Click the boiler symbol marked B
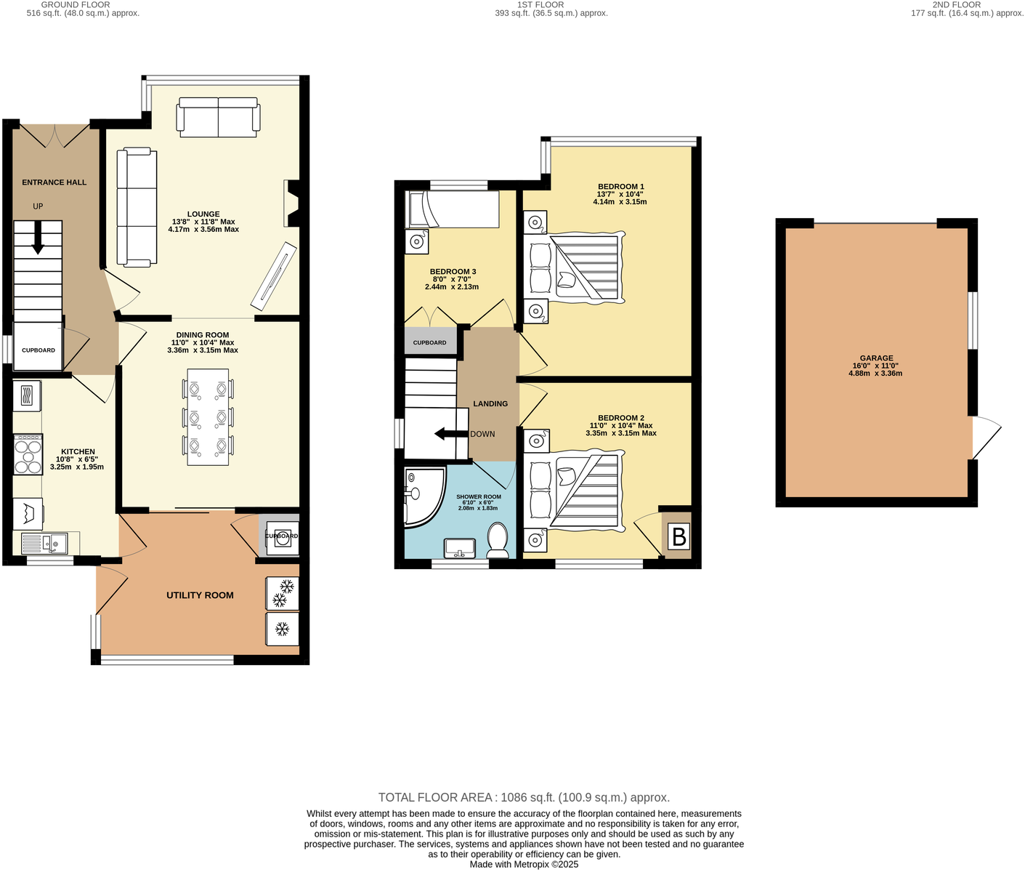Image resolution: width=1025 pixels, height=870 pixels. pyautogui.click(x=678, y=537)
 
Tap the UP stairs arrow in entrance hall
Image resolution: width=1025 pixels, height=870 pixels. pyautogui.click(x=38, y=238)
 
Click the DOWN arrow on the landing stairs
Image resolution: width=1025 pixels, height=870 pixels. pyautogui.click(x=450, y=434)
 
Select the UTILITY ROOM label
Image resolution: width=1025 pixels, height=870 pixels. pyautogui.click(x=200, y=595)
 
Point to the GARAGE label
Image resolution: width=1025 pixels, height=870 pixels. pyautogui.click(x=876, y=358)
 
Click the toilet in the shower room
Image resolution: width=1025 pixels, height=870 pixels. pyautogui.click(x=498, y=541)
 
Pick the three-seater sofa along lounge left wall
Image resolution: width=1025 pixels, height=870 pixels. pyautogui.click(x=137, y=206)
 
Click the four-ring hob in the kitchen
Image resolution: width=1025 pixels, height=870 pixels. pyautogui.click(x=28, y=454)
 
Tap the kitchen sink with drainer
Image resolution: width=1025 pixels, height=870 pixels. pyautogui.click(x=44, y=542)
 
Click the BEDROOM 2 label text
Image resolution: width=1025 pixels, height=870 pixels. pyautogui.click(x=620, y=418)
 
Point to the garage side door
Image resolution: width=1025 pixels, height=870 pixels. pyautogui.click(x=984, y=438)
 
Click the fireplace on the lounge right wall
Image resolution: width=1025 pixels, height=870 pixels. pyautogui.click(x=290, y=204)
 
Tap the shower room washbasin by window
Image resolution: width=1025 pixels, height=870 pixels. pyautogui.click(x=459, y=547)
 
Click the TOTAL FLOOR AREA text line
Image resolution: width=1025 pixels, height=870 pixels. pyautogui.click(x=524, y=797)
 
